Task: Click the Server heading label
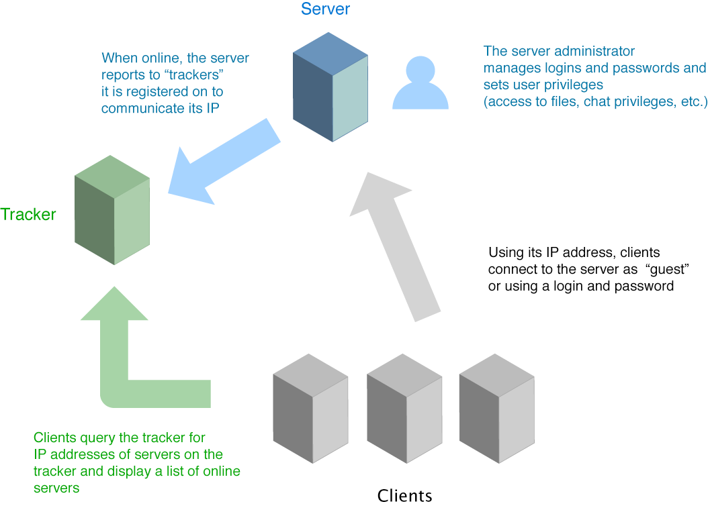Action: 325,9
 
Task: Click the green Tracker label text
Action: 28,215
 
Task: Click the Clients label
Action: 404,496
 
